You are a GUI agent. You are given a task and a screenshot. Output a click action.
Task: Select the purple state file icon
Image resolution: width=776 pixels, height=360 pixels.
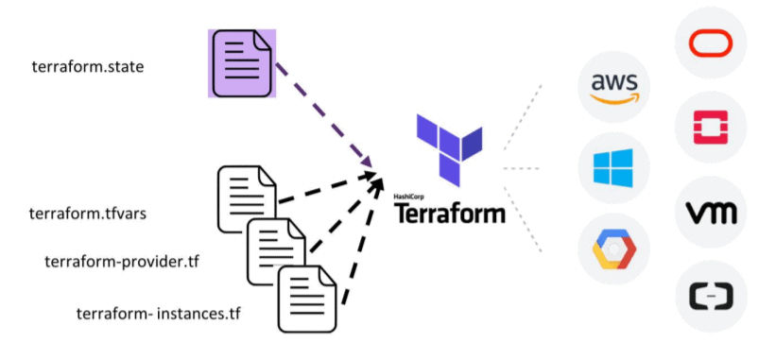click(242, 62)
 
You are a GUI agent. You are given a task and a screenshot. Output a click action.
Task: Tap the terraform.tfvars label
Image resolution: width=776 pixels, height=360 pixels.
click(88, 213)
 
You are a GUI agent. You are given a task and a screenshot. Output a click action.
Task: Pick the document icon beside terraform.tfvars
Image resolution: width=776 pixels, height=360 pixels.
click(248, 199)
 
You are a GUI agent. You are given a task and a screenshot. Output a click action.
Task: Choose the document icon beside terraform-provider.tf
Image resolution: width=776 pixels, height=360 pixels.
click(277, 251)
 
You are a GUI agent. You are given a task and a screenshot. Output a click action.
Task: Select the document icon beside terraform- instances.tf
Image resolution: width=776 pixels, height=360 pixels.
click(308, 299)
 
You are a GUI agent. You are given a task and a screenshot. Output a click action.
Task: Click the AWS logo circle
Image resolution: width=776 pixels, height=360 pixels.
click(614, 88)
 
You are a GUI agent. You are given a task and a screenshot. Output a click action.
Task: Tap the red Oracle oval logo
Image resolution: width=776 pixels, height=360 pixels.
click(711, 44)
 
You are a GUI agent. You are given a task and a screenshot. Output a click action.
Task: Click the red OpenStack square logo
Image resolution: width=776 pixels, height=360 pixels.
click(711, 128)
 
